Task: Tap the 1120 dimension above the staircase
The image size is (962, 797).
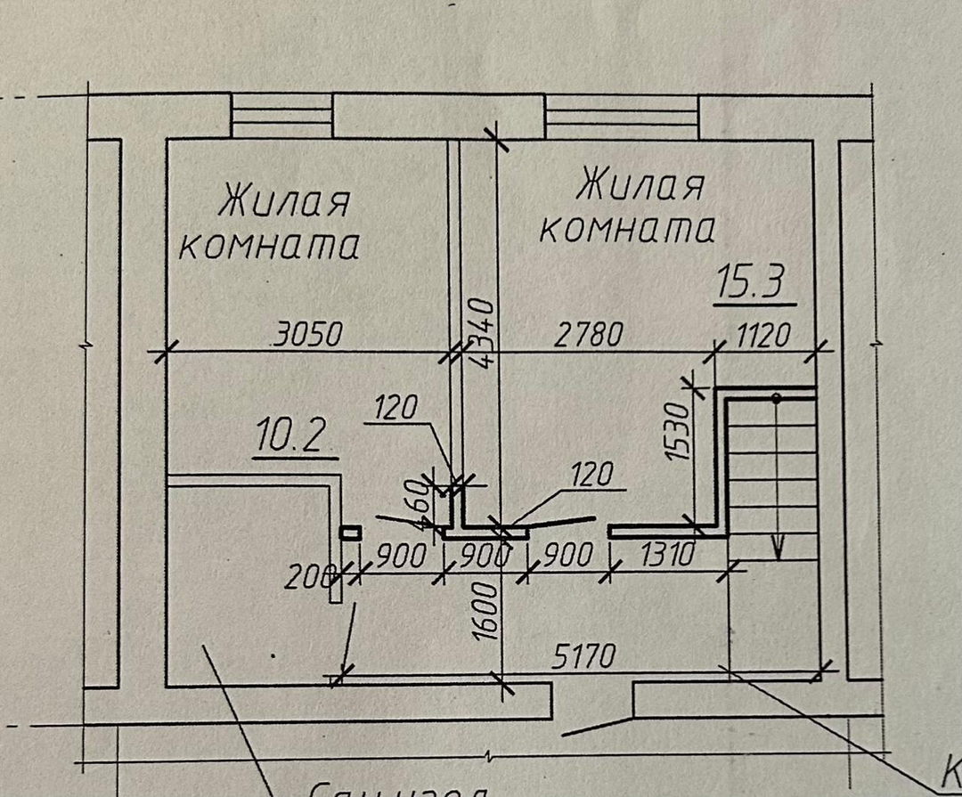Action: [x=763, y=336]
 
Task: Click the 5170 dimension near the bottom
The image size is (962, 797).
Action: [x=583, y=658]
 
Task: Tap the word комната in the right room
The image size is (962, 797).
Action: [x=628, y=229]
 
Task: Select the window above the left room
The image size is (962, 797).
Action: [x=281, y=116]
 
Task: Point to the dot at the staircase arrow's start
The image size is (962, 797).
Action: [x=777, y=398]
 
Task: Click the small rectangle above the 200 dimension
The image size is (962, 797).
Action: [x=350, y=533]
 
